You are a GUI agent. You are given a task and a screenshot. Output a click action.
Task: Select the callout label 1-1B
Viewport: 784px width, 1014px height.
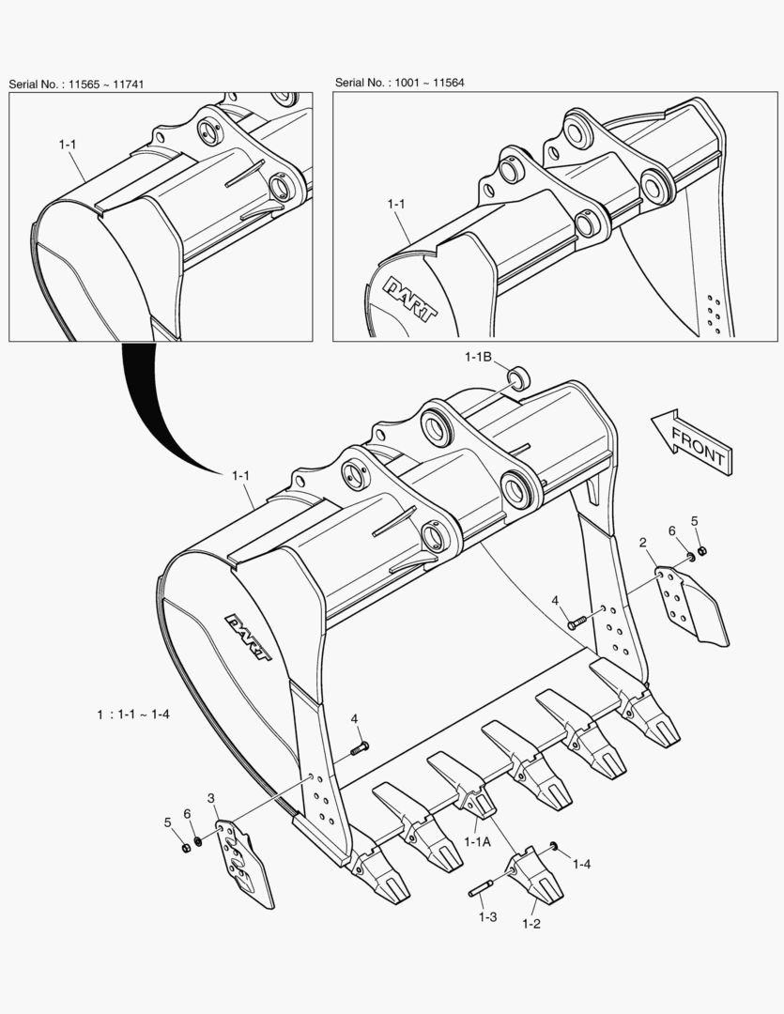tap(478, 357)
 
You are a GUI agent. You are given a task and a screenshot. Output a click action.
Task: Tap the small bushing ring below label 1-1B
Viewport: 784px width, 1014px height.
tap(519, 378)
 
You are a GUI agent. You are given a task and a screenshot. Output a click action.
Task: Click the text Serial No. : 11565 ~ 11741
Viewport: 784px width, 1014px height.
tap(77, 84)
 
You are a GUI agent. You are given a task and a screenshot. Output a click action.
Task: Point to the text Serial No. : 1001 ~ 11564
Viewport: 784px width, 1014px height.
tap(400, 83)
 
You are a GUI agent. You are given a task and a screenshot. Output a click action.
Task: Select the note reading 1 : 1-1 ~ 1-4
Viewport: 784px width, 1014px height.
tap(132, 714)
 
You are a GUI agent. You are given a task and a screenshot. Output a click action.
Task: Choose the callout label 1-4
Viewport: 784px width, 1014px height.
tap(581, 864)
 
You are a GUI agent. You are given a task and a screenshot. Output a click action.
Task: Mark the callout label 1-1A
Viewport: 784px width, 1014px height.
tap(477, 842)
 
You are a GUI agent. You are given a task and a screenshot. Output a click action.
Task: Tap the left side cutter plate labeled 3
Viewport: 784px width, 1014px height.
tap(243, 862)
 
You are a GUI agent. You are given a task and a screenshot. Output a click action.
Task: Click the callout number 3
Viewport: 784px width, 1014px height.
tap(211, 799)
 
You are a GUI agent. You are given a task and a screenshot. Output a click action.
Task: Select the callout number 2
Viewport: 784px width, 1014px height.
tap(643, 543)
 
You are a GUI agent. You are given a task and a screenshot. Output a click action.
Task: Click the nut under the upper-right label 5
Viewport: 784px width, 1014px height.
tap(703, 550)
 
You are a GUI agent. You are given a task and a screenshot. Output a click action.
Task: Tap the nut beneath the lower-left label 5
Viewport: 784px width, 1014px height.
tap(185, 848)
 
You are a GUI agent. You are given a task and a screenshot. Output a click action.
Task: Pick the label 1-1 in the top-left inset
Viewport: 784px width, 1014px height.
tap(67, 145)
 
